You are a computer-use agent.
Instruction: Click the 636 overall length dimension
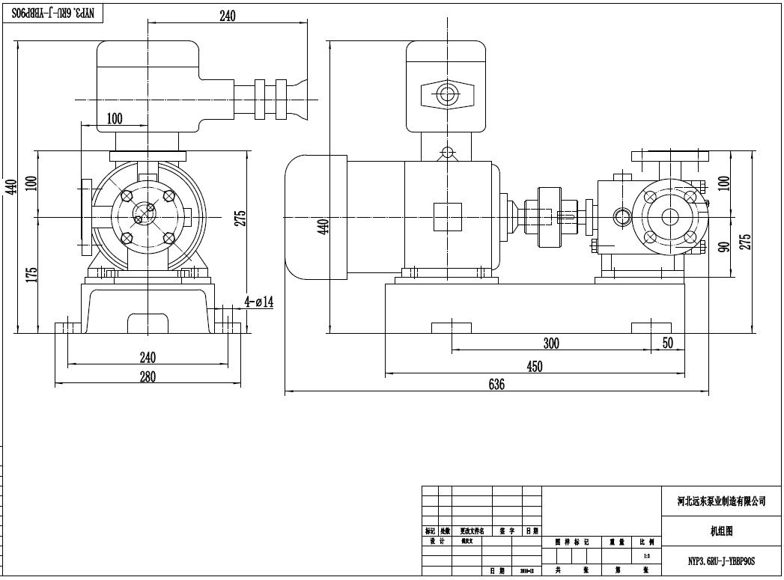(x=496, y=384)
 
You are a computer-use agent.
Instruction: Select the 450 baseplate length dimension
(x=535, y=366)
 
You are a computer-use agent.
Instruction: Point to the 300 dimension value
(x=550, y=344)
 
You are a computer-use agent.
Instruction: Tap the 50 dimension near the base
(x=668, y=344)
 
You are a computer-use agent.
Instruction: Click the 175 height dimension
(x=31, y=275)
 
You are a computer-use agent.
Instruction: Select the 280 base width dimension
(x=148, y=377)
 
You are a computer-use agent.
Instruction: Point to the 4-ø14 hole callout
(x=259, y=302)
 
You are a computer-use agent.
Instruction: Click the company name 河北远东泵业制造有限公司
(x=722, y=501)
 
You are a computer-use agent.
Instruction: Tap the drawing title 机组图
(x=721, y=531)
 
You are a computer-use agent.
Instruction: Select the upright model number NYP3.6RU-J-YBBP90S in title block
(x=722, y=560)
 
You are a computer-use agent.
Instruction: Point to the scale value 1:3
(x=646, y=556)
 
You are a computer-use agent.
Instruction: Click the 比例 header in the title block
(x=646, y=541)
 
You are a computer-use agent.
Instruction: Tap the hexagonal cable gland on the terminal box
(x=448, y=95)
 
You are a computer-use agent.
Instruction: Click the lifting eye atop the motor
(x=448, y=153)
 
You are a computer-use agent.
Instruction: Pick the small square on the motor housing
(x=448, y=217)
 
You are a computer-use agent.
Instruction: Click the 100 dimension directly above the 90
(x=723, y=183)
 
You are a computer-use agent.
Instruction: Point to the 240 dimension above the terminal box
(x=228, y=16)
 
